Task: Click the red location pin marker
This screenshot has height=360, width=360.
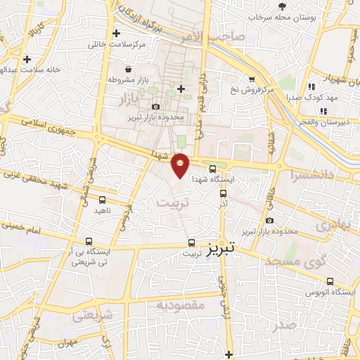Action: click(181, 165)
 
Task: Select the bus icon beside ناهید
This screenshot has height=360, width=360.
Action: click(103, 200)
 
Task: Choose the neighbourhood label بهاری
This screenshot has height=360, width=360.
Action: click(330, 226)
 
